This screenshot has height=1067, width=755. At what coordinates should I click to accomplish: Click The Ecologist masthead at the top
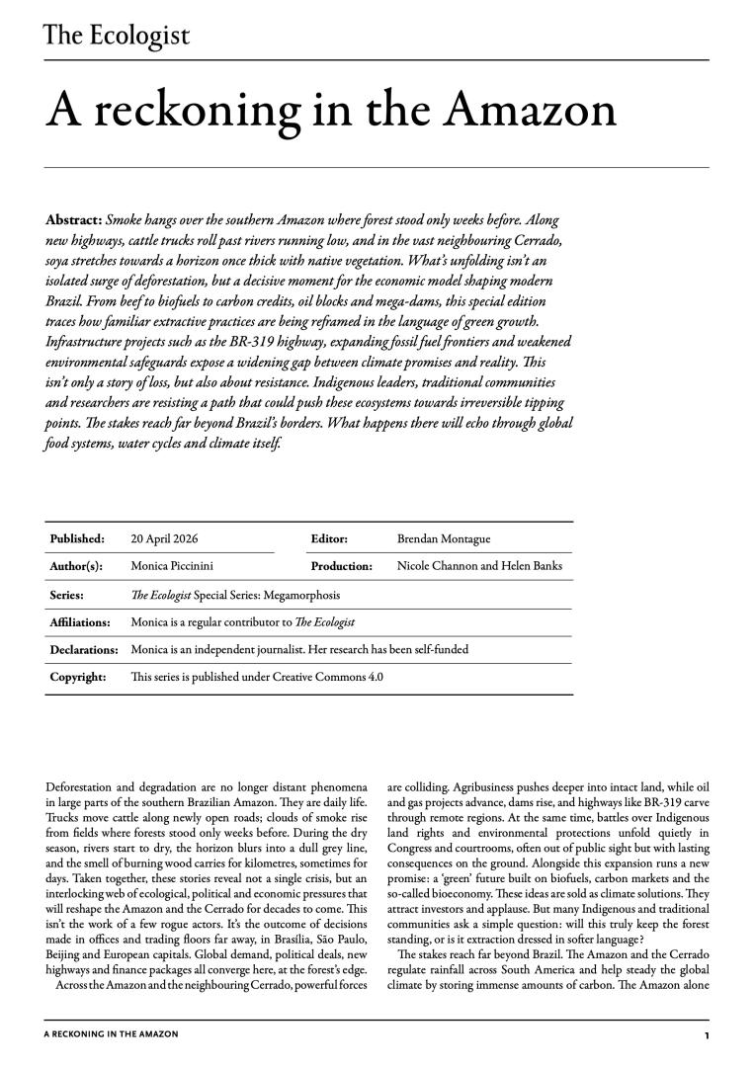coord(117,36)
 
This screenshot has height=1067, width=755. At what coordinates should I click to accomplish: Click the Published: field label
coord(77,538)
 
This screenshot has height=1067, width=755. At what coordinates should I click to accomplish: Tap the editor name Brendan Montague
coord(443,538)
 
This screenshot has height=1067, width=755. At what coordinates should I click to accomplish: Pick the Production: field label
coord(341,566)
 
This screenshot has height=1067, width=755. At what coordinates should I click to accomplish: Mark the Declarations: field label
coord(84,649)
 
